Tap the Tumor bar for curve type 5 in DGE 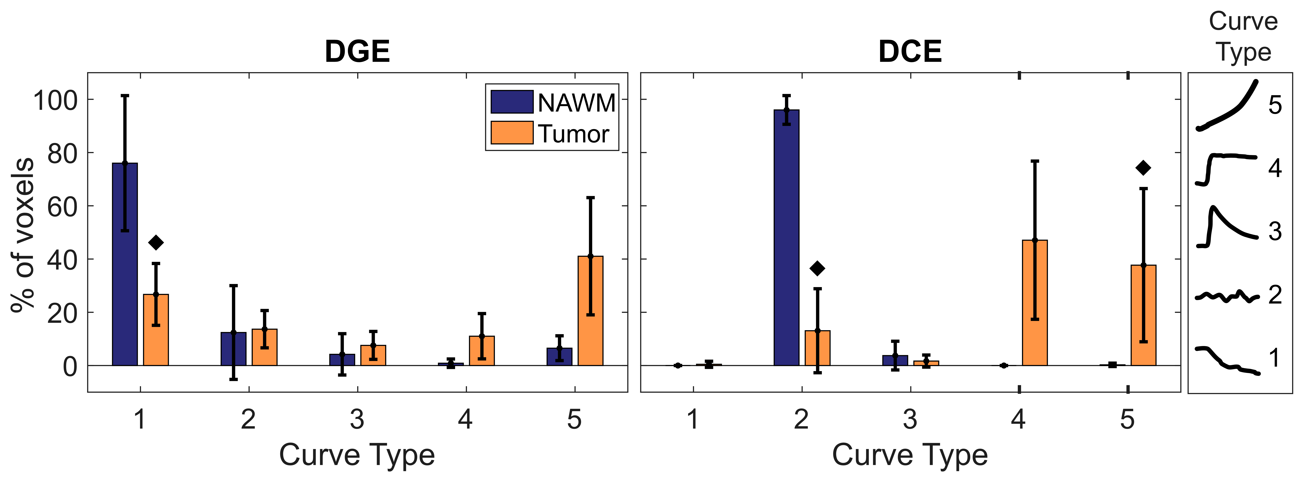(590, 311)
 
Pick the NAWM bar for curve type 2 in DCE (786, 237)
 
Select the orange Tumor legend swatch (512, 133)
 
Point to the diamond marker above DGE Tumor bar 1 (156, 243)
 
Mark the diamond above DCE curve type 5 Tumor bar (1143, 168)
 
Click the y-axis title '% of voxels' (23, 235)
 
